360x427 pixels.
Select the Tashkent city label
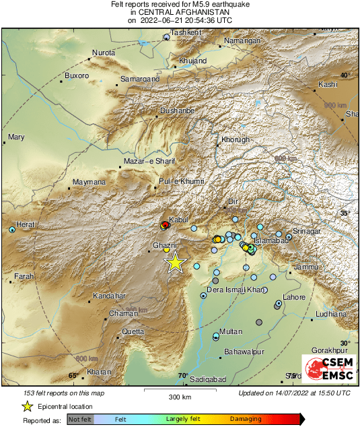[x=186, y=32]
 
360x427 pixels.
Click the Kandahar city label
[x=109, y=296]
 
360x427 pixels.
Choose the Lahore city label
[x=294, y=297]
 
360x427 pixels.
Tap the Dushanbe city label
[x=177, y=110]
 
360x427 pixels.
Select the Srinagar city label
[x=306, y=232]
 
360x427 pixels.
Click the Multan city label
[x=231, y=331]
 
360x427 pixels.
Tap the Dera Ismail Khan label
[x=235, y=290]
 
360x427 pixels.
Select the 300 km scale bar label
[x=180, y=397]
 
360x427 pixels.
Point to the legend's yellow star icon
[x=27, y=406]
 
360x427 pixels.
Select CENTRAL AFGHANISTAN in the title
[x=180, y=12]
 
